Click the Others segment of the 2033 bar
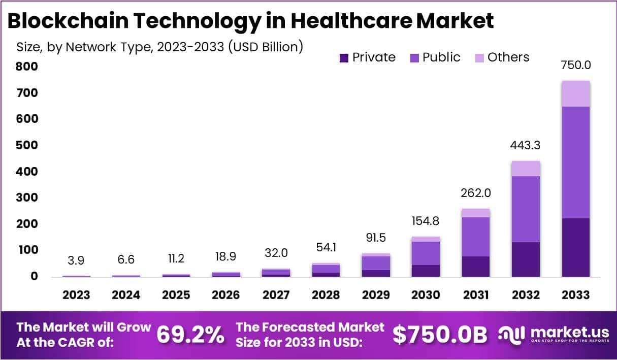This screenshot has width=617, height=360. [575, 93]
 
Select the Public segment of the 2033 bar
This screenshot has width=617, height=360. [575, 162]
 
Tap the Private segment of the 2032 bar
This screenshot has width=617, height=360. [526, 259]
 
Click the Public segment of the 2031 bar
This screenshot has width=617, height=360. [476, 237]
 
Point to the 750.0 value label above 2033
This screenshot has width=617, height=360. [575, 65]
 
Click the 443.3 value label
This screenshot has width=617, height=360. [526, 145]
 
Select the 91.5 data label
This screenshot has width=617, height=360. [376, 238]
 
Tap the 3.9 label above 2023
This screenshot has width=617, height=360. [76, 260]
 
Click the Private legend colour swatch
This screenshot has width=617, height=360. [344, 58]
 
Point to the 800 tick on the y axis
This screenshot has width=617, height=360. [26, 67]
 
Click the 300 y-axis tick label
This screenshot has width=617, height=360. [26, 198]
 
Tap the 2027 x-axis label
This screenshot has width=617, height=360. [276, 295]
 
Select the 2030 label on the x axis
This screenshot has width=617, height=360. [426, 295]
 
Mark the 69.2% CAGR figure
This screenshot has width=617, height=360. [190, 335]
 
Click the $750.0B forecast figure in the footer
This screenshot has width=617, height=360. [440, 335]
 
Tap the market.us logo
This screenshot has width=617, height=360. [554, 335]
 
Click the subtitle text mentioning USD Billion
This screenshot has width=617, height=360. [160, 47]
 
